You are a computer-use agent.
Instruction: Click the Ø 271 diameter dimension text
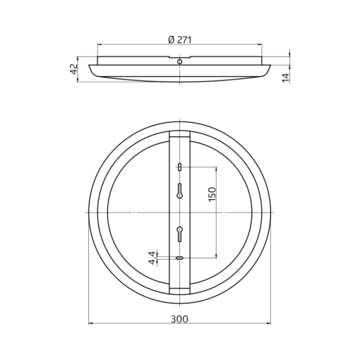[180, 40]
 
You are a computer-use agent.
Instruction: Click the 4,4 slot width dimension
[152, 258]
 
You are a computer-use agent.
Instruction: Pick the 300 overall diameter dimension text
[179, 318]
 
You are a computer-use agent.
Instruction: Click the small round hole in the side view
[179, 62]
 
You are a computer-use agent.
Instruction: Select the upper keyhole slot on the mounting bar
[179, 190]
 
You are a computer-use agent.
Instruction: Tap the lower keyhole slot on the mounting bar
[179, 232]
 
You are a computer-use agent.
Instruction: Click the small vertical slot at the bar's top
[179, 167]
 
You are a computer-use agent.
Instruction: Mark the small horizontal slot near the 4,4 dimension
[179, 258]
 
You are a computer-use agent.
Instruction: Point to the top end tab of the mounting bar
[179, 134]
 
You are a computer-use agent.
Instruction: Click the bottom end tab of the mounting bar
[179, 290]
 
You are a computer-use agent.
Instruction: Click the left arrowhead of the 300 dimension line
[91, 324]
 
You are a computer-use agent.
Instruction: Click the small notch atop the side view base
[179, 56]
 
